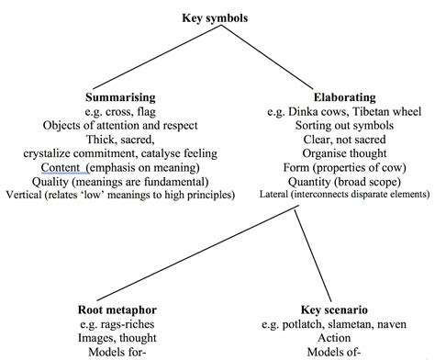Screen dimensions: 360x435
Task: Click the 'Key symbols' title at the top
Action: coord(217,17)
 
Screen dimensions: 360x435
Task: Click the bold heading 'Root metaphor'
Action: coord(115,310)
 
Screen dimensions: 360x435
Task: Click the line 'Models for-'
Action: coord(116,353)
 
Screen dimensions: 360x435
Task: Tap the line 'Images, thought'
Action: coord(116,339)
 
